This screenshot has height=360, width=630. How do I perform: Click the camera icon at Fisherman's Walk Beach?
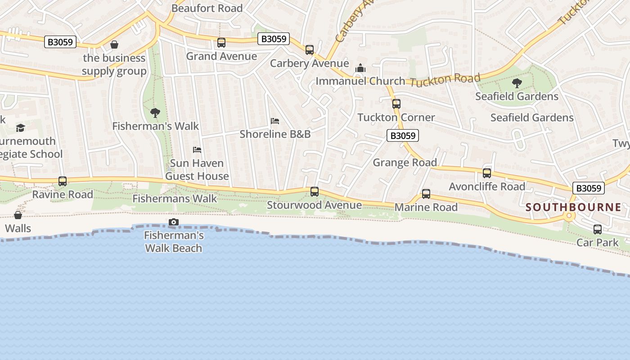pos(173,222)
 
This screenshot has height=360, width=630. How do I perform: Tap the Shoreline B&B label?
pos(275,134)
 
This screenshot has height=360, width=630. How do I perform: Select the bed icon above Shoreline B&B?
pos(275,121)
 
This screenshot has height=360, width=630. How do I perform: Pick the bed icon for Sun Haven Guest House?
pos(197,149)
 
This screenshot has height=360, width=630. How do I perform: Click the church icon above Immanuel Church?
pos(360,68)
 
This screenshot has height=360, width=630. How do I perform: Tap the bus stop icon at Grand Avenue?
pos(221,43)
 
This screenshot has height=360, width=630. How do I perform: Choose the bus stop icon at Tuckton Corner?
pos(396,104)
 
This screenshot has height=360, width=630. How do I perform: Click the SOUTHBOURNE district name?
pos(573,207)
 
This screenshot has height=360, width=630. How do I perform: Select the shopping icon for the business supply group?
pos(114,45)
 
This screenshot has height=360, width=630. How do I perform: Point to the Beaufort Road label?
pos(207,8)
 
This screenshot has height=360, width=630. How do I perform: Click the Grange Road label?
pos(405,162)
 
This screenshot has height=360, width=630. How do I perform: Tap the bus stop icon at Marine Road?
pos(426,194)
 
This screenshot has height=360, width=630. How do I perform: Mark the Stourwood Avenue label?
pos(314,205)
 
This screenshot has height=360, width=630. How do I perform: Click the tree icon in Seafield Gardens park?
pos(517,83)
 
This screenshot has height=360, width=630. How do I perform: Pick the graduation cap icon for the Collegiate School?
pos(20,128)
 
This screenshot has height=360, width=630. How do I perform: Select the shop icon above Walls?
pos(18,215)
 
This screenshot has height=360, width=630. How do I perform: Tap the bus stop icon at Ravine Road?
pos(63,181)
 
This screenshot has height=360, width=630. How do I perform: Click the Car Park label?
pos(597,243)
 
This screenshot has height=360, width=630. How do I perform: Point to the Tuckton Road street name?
pos(445,80)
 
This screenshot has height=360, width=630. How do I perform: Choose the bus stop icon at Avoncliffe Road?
pos(486,173)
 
